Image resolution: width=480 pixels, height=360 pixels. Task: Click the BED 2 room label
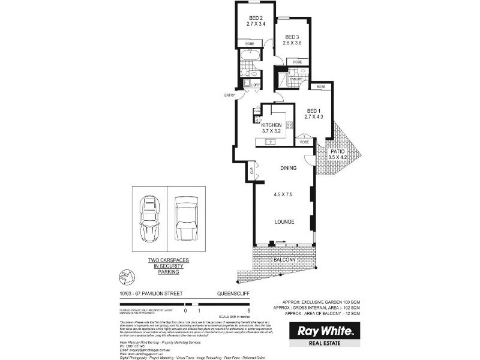[256, 18]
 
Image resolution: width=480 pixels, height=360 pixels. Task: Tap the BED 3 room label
[292, 36]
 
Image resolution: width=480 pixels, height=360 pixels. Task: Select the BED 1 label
[313, 111]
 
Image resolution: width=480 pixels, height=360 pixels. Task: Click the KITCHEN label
[272, 125]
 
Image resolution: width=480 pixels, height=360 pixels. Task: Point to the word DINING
[288, 169]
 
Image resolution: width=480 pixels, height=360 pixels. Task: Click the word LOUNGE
[283, 222]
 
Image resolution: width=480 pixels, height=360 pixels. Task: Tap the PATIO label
[338, 151]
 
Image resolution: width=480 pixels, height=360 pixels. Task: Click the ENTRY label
[229, 95]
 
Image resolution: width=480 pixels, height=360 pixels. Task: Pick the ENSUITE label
[296, 79]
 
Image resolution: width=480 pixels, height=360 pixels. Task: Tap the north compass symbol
[127, 276]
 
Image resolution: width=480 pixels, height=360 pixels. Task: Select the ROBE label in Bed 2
[248, 43]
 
